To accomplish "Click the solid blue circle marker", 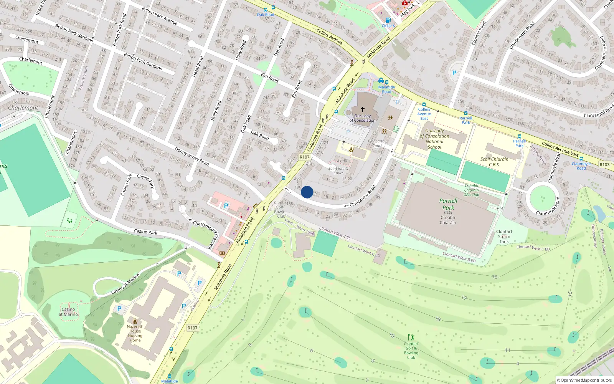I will point(307,192).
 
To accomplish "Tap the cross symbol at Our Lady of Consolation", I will point(362,110).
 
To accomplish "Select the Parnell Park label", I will point(448,204).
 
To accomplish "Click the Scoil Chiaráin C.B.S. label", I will point(494,162).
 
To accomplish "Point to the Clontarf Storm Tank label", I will point(504,237).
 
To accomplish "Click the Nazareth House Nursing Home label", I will point(135,333).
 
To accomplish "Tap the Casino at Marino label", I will point(68,312).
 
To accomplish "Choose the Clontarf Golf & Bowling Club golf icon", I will point(411,338).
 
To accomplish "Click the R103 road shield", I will point(604,165).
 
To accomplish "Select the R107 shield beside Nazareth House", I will point(193,328).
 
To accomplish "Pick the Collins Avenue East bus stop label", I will point(424,114).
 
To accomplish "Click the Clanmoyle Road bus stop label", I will point(581,166).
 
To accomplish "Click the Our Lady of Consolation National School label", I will point(434,139).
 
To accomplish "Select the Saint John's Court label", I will point(338,170).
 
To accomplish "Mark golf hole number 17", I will point(464,298).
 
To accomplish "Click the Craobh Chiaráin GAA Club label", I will point(471,190).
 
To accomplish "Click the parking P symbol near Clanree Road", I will point(454,73).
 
